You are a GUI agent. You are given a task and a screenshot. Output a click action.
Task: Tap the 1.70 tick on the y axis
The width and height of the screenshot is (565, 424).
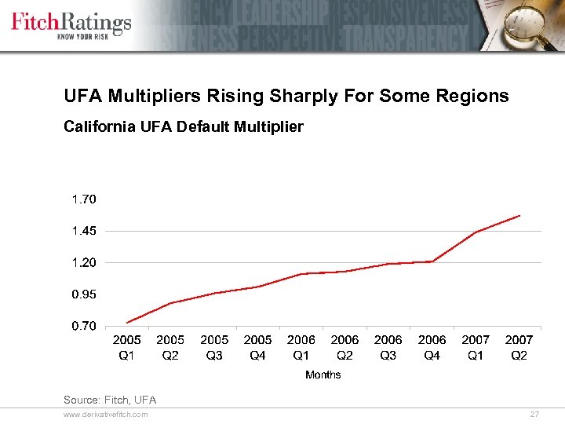click(x=84, y=199)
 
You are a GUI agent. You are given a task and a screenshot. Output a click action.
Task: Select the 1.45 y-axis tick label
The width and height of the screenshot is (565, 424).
click(x=84, y=231)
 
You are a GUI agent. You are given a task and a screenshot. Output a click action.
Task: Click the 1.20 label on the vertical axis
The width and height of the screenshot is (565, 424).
click(x=84, y=262)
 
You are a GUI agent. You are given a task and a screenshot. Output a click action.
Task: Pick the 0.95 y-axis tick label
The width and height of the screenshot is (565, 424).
click(x=84, y=294)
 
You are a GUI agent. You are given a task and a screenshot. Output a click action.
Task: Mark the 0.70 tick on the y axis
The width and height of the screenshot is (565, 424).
click(x=84, y=326)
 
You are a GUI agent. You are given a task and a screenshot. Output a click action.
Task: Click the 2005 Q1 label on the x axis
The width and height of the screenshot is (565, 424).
click(x=127, y=347)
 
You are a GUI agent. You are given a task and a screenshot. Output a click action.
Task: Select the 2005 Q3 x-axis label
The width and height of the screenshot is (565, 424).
click(x=214, y=347)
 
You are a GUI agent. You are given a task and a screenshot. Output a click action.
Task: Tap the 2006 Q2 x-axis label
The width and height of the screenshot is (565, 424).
click(x=344, y=347)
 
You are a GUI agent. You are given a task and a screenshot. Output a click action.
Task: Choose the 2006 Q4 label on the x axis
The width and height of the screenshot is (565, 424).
click(x=432, y=347)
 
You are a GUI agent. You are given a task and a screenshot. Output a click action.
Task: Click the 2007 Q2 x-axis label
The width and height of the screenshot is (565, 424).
click(x=519, y=347)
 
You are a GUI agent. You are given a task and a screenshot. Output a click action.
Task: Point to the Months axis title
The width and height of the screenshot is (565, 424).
click(x=323, y=375)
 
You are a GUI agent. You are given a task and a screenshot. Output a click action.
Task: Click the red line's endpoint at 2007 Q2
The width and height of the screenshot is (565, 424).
click(x=519, y=215)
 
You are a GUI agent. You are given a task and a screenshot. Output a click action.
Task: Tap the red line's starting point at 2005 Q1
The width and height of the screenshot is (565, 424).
click(x=127, y=322)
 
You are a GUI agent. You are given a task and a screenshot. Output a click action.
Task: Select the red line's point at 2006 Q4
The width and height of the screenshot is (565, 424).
click(x=432, y=261)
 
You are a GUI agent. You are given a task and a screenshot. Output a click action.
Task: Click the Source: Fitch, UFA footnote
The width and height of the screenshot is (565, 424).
click(x=110, y=400)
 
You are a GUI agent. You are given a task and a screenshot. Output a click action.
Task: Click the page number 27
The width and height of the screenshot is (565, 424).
click(x=535, y=414)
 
